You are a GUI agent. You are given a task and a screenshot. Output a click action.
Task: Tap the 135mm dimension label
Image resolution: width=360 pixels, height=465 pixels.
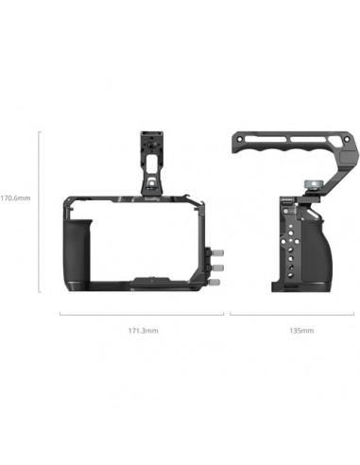click(x=300, y=331)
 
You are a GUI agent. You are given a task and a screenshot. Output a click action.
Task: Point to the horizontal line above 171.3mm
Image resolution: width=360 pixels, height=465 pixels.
click(x=142, y=314)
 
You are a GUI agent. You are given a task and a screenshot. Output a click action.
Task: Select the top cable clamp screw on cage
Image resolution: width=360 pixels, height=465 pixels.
click(x=216, y=253)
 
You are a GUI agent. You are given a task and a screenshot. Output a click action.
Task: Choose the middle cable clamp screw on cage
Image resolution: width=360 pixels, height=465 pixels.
click(x=216, y=267)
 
